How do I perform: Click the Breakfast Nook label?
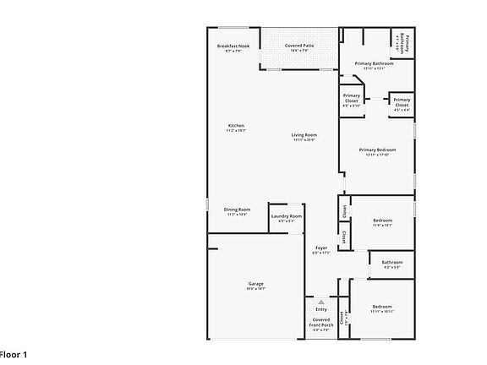click(x=233, y=46)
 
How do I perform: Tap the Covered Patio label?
click(x=299, y=46)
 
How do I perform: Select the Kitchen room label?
click(x=236, y=126)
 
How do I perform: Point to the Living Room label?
click(x=304, y=135)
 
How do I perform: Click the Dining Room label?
click(x=237, y=209)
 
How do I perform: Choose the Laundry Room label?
click(x=287, y=216)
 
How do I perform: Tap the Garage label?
click(x=255, y=283)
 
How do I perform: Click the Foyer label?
click(x=321, y=248)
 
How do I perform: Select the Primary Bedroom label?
click(x=377, y=150)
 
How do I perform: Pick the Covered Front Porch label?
click(x=321, y=322)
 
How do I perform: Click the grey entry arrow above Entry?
click(x=321, y=301)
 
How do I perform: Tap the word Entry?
click(x=321, y=309)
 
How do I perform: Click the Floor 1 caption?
click(x=13, y=354)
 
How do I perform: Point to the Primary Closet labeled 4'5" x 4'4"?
click(x=402, y=101)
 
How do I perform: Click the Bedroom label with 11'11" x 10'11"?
click(x=382, y=307)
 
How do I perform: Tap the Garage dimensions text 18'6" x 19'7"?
click(x=255, y=289)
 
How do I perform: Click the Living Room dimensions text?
click(x=304, y=140)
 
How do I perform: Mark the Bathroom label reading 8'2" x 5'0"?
click(x=391, y=262)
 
